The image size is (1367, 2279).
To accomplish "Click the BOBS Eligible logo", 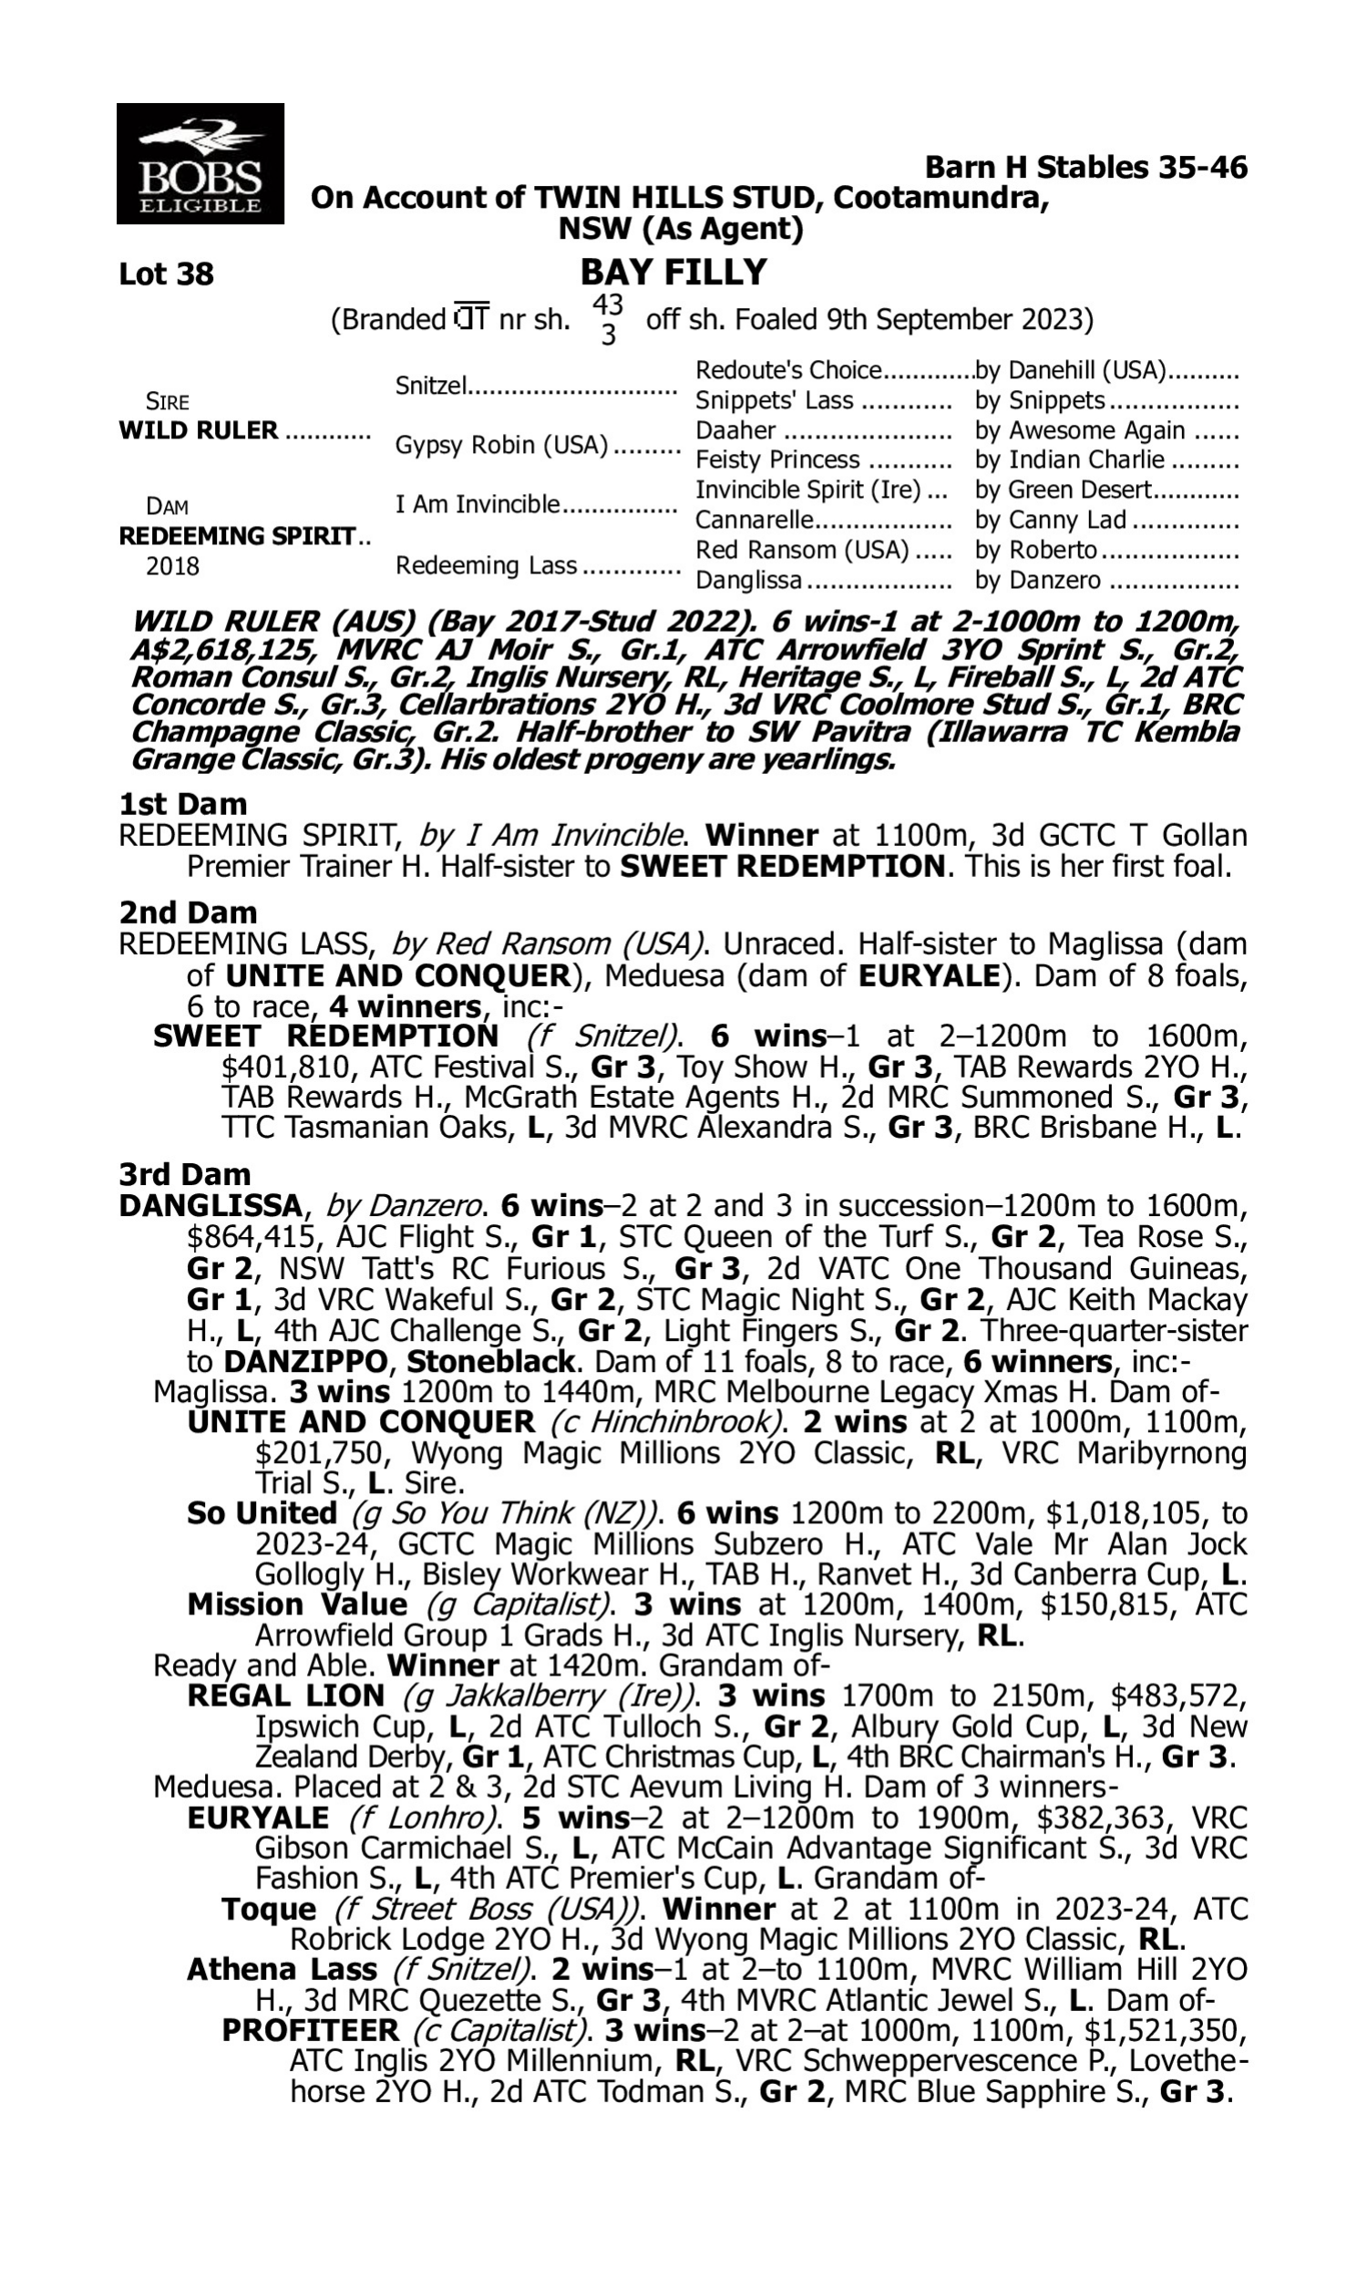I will click(200, 164).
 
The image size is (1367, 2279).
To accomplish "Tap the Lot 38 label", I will click(166, 274).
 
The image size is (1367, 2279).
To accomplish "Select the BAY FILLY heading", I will click(673, 273).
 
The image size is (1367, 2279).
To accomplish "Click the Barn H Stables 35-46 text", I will click(1085, 168).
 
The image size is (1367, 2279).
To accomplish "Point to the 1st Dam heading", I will click(182, 804).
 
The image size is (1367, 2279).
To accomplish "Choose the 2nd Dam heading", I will click(187, 913).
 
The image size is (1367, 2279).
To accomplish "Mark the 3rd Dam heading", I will click(184, 1174).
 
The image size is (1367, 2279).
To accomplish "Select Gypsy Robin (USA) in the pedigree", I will click(501, 445).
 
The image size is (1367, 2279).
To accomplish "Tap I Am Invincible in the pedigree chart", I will click(478, 504).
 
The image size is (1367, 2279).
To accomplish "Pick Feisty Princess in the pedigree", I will click(776, 459).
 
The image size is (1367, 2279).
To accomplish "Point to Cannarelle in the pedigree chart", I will click(755, 520).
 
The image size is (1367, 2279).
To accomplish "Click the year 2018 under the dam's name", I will click(172, 565).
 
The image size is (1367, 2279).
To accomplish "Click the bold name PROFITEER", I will click(311, 2030).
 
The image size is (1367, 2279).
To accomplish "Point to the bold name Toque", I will click(268, 1909).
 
